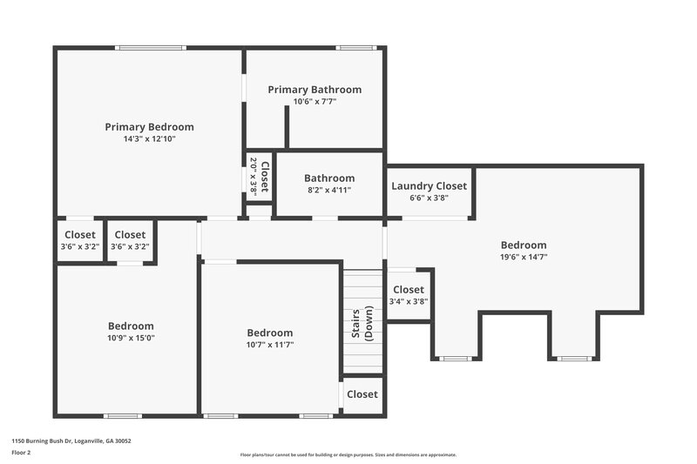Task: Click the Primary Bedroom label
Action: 149,126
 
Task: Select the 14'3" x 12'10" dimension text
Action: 149,138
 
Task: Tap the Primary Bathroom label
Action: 315,90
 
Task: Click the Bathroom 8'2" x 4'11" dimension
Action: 328,190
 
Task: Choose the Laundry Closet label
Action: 429,185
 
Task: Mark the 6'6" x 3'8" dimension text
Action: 429,198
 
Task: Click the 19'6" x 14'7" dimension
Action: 524,257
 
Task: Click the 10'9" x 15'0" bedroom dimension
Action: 131,338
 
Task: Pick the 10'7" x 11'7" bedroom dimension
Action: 270,345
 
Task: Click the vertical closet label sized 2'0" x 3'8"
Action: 260,175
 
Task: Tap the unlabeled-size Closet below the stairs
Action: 362,394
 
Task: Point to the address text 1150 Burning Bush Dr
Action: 71,440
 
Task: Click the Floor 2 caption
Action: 21,453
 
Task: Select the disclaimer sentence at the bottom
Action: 348,454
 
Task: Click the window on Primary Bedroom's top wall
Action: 151,47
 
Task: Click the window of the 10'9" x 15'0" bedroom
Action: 123,416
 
